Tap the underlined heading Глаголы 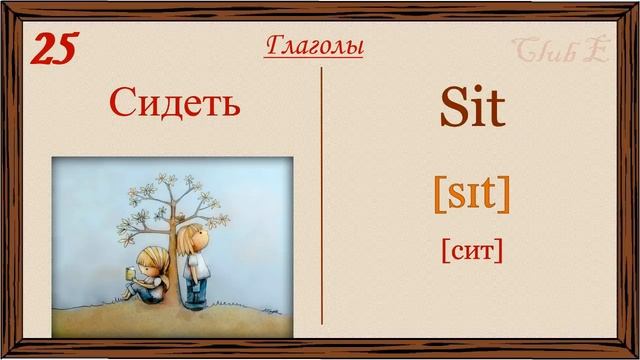(x=314, y=46)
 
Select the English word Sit (x=472, y=109)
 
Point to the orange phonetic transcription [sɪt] (x=471, y=192)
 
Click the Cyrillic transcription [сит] (x=471, y=248)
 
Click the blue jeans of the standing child (x=196, y=289)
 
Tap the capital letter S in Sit (x=451, y=109)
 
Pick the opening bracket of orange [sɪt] (x=439, y=193)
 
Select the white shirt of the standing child (x=197, y=264)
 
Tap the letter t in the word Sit (x=496, y=111)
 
